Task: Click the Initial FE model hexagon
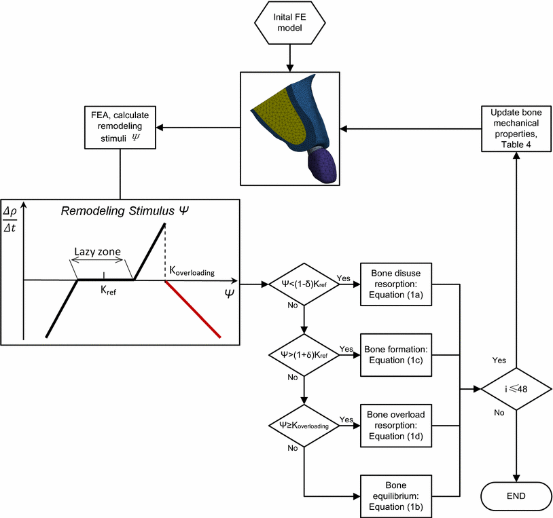click(x=290, y=25)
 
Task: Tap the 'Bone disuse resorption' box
click(x=396, y=283)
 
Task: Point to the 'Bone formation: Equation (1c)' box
click(x=396, y=354)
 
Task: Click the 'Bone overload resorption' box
click(x=396, y=425)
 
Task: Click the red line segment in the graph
click(x=192, y=308)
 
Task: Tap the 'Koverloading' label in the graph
click(x=192, y=272)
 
